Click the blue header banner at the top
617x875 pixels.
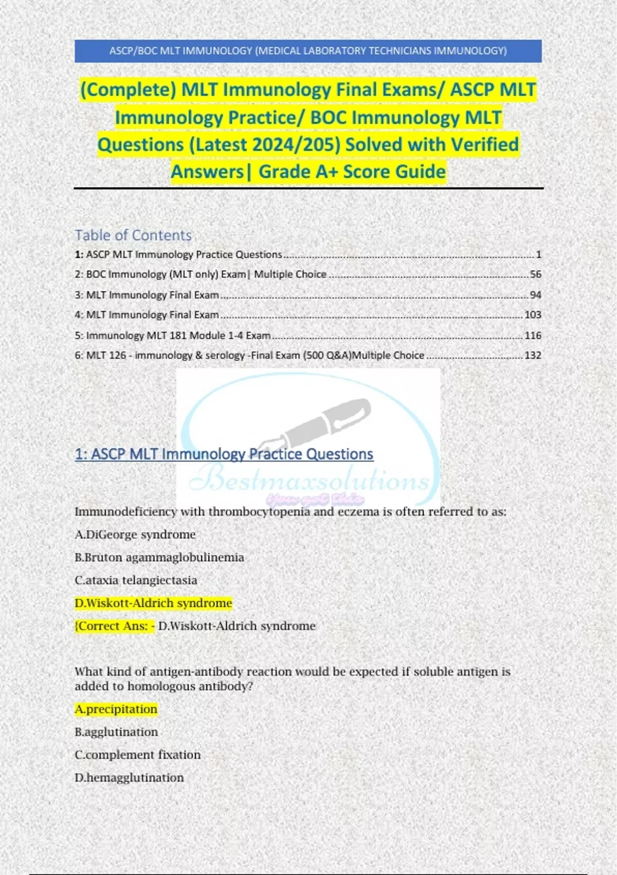[308, 51]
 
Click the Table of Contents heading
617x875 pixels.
[133, 235]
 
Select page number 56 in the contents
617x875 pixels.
[535, 274]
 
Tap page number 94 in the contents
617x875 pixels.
[535, 295]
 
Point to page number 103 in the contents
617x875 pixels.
[533, 314]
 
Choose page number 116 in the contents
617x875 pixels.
[533, 335]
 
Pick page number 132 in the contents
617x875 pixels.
[533, 355]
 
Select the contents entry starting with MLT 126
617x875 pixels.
[249, 355]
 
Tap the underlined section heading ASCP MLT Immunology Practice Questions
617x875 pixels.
[224, 454]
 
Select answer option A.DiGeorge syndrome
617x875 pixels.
[135, 534]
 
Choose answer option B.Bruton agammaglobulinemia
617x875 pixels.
[159, 557]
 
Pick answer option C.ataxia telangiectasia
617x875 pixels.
[136, 580]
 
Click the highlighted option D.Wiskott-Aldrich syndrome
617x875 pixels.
[153, 603]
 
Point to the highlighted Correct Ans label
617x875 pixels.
[115, 626]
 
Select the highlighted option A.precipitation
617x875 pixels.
[116, 709]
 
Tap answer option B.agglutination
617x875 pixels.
[116, 732]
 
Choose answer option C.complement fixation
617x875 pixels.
[137, 755]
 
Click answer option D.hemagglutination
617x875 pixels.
[129, 778]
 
